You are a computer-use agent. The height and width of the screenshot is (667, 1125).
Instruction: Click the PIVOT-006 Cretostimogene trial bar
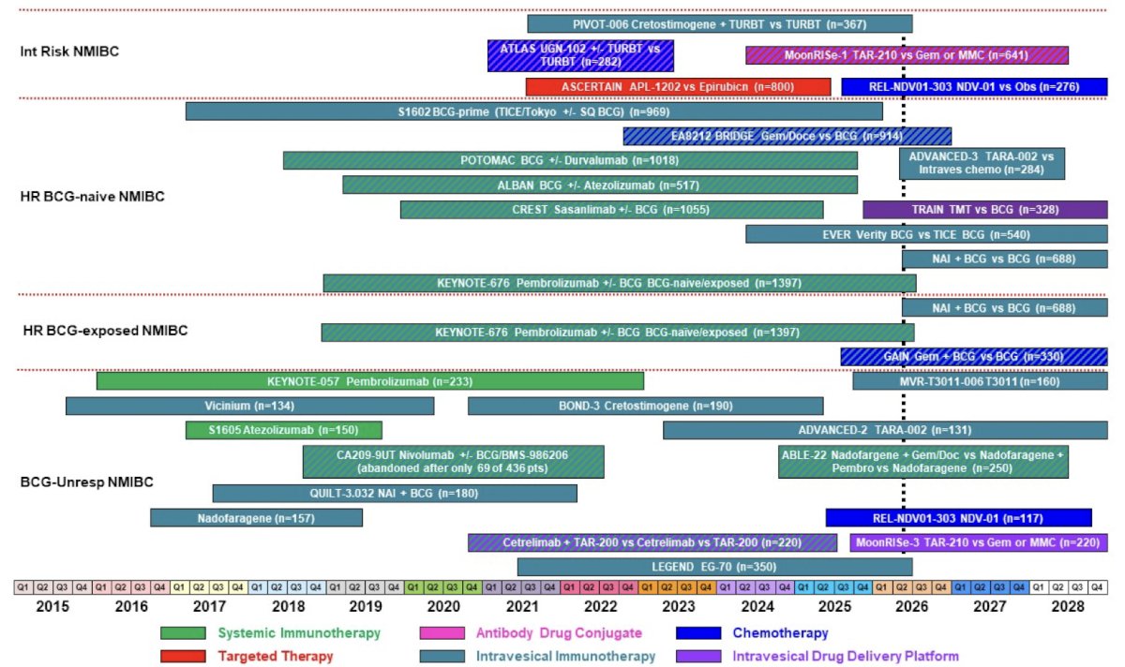[720, 24]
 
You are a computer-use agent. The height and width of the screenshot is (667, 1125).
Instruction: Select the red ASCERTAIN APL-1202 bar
[678, 87]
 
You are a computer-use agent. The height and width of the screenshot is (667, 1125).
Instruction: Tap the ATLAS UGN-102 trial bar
[580, 55]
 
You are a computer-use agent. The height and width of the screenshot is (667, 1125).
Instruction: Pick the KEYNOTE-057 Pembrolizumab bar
[370, 381]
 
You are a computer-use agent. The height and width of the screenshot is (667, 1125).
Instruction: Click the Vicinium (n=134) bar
[249, 406]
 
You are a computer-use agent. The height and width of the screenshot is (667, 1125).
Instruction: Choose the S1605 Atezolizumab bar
[284, 430]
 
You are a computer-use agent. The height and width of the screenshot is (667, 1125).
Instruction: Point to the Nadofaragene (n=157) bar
[256, 518]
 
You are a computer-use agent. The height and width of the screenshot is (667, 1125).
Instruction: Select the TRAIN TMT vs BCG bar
[985, 210]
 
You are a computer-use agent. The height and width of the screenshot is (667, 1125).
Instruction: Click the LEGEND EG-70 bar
[714, 567]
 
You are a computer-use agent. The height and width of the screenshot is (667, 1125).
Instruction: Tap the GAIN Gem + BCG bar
[974, 357]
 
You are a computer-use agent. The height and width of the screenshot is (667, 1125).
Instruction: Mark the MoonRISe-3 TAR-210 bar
[979, 542]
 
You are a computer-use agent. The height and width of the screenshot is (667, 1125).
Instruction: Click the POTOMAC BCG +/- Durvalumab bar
[570, 160]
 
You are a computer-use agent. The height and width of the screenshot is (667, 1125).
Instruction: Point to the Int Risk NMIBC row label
[69, 52]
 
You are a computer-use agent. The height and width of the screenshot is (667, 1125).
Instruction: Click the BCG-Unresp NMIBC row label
[86, 482]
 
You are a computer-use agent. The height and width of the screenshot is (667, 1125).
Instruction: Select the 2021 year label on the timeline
[522, 607]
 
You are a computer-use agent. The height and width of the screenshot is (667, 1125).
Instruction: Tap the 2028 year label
[1067, 607]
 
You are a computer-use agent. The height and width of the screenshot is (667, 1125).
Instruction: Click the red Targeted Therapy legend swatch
[183, 656]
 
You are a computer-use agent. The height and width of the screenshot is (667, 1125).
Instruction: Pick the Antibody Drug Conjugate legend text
[559, 633]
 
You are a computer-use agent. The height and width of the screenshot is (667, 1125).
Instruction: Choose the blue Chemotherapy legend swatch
[698, 633]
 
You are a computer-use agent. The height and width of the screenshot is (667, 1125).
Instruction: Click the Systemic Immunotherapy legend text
[299, 633]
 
